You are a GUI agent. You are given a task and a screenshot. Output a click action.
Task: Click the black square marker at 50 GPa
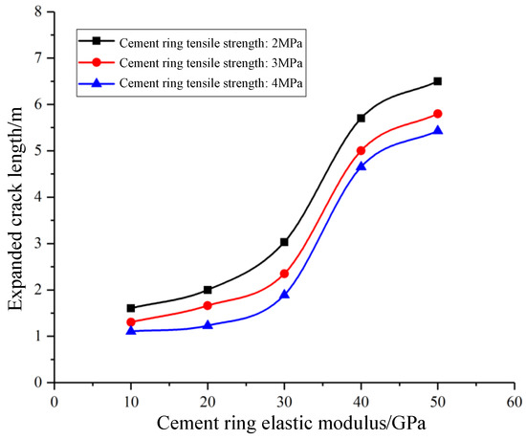point(437,81)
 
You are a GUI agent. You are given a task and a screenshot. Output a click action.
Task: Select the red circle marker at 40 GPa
point(361,150)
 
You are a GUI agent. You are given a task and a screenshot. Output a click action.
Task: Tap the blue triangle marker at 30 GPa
point(284,295)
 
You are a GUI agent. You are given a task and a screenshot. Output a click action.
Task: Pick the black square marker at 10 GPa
point(131,308)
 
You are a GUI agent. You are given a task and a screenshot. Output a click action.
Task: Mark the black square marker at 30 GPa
point(284,242)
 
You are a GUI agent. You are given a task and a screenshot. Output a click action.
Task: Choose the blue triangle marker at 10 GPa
point(131,330)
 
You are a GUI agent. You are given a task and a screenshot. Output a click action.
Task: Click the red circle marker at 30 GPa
point(284,274)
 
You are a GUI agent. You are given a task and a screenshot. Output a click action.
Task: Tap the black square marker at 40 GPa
point(361,118)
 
